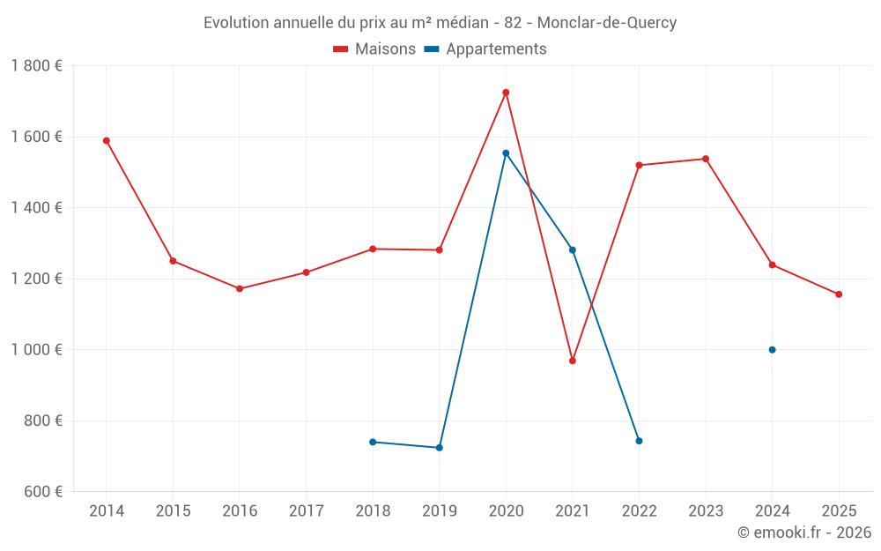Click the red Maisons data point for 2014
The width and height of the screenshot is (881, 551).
107,140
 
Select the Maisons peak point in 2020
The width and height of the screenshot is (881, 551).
506,93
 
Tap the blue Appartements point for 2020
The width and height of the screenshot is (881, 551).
506,153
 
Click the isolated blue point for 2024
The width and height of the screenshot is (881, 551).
772,350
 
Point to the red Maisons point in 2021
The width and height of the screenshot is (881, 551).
573,361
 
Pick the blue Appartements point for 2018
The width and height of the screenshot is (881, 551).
373,442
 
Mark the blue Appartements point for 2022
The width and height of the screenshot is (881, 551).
639,441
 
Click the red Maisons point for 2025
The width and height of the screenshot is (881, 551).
839,294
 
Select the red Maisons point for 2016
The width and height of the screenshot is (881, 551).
240,288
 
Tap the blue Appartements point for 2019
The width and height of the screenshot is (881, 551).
440,448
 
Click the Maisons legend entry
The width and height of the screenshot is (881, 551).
374,49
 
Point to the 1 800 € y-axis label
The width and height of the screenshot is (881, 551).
36,66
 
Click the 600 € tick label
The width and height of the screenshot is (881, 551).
44,491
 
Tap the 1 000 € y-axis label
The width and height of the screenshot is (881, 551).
36,349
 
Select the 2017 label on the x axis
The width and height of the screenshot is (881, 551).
306,511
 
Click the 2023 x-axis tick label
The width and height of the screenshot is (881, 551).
705,511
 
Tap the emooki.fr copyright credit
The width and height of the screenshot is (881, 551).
803,532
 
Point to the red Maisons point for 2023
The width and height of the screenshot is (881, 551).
706,159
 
